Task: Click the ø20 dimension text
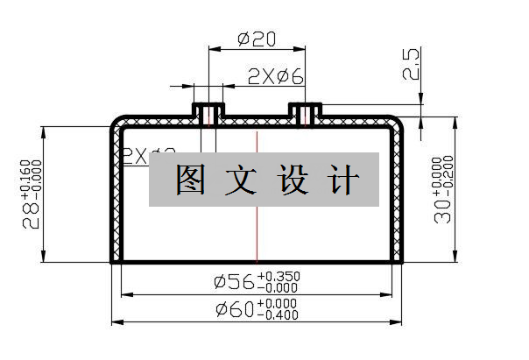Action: (x=257, y=40)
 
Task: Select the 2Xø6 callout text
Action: (x=275, y=77)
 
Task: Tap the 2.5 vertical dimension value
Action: (x=412, y=64)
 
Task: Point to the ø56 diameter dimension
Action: (x=234, y=281)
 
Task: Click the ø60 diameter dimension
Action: (x=234, y=309)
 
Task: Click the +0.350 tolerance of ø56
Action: (x=279, y=276)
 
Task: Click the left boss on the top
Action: (x=208, y=113)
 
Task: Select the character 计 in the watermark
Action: (x=342, y=180)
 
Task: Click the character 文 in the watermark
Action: (x=240, y=180)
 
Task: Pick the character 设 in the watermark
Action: (x=292, y=180)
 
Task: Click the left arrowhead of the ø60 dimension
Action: (x=117, y=322)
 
